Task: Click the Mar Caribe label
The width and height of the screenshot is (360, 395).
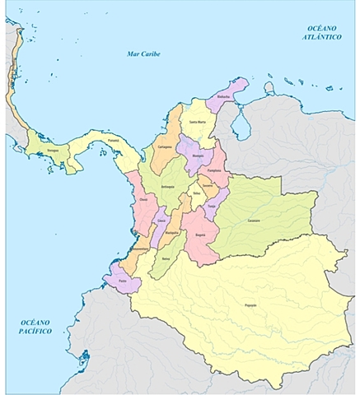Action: tap(143, 54)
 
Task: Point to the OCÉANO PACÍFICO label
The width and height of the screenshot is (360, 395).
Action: tap(37, 327)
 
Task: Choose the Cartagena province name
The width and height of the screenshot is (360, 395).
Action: tap(164, 148)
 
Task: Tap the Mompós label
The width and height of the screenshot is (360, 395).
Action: tap(197, 155)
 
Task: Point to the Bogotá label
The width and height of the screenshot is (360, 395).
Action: tap(200, 235)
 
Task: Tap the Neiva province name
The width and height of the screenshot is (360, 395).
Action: tap(166, 259)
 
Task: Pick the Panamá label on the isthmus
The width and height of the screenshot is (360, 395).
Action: tap(113, 140)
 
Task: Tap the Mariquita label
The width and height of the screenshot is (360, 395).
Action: tap(172, 233)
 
